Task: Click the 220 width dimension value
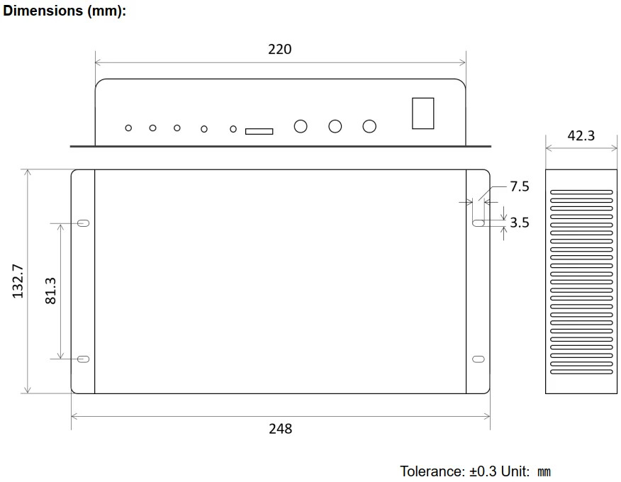pos(279,49)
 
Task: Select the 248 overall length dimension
pos(280,428)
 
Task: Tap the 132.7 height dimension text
pos(18,281)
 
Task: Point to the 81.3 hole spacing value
pos(50,291)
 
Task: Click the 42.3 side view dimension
pos(581,135)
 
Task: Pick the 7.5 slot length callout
pos(520,186)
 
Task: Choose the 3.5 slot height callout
pos(520,223)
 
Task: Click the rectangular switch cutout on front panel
pos(423,113)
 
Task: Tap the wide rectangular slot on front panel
pos(259,131)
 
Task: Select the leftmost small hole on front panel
pos(128,128)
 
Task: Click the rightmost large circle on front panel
pos(369,126)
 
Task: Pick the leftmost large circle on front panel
pos(301,126)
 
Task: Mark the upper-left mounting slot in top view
pos(83,223)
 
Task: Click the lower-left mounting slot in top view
pos(83,359)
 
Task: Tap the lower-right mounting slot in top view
pos(479,359)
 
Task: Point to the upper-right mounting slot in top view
pos(479,223)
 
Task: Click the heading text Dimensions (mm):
pos(65,12)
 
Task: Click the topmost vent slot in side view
pos(581,191)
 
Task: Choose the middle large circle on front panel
pos(335,126)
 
